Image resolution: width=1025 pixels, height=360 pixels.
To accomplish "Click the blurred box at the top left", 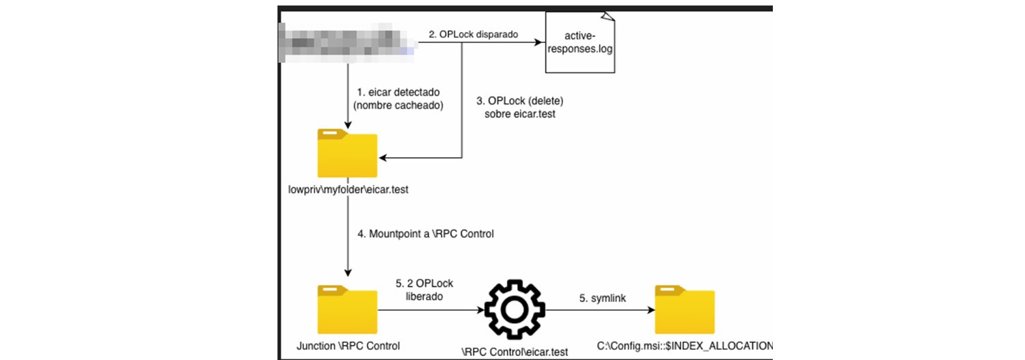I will [x=348, y=42].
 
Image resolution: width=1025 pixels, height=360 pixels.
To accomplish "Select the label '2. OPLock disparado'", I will [x=474, y=33].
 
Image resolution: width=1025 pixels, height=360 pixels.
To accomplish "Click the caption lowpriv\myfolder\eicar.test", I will [x=348, y=189].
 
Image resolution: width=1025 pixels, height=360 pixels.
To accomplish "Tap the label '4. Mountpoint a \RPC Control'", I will [x=425, y=233].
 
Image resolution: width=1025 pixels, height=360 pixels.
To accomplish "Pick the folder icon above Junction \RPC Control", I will [x=348, y=309].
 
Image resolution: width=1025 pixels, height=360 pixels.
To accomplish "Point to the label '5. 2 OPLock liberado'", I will [x=424, y=290].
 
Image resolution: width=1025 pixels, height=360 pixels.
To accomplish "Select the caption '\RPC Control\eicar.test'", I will [x=515, y=352].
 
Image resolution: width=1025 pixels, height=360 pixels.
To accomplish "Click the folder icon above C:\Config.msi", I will [x=685, y=310].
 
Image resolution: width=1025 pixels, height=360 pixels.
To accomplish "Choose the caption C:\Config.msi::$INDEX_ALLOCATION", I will [x=683, y=345].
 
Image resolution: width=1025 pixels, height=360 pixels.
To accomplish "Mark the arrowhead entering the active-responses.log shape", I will [x=539, y=42].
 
